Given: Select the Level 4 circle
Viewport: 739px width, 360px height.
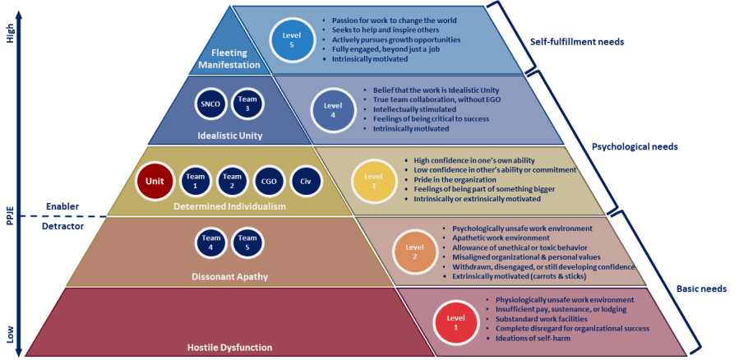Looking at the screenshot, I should click(332, 109).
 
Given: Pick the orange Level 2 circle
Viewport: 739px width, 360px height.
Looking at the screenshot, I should click(413, 251).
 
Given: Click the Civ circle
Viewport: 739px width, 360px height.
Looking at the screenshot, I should click(306, 180).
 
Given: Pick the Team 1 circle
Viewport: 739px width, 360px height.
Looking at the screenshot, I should click(195, 180).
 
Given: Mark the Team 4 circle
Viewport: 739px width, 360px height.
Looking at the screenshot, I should click(209, 243).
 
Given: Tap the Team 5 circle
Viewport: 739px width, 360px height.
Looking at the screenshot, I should click(246, 243).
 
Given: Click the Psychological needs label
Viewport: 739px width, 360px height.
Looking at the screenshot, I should click(635, 147).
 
